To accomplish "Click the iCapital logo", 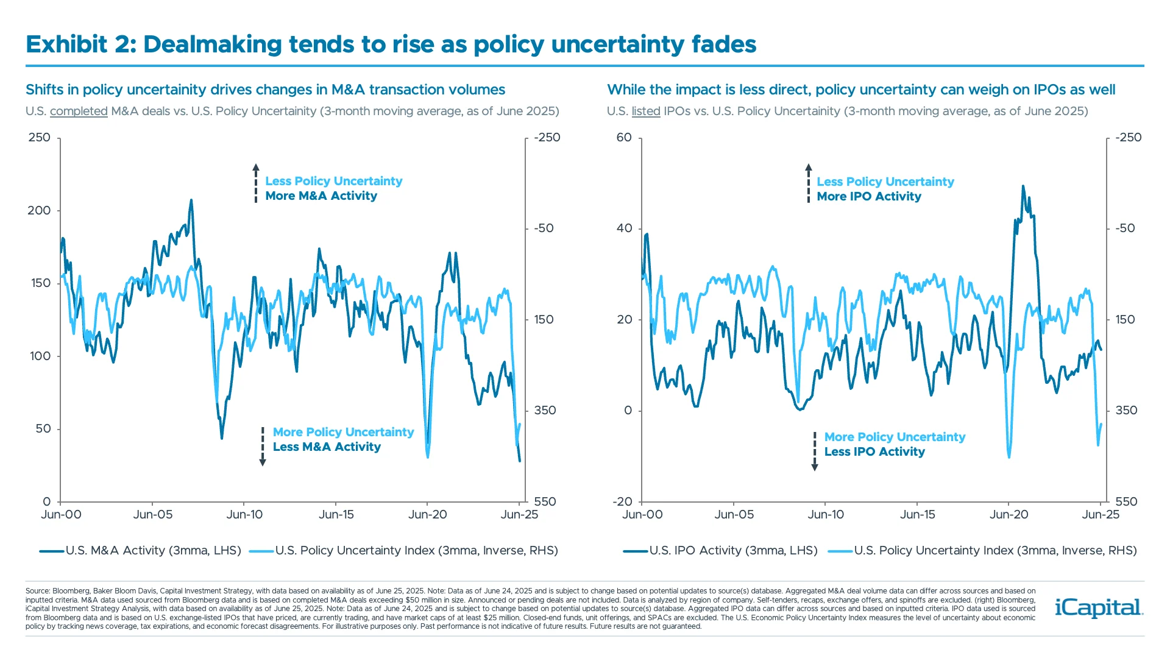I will click(1099, 607).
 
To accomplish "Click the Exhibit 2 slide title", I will click(391, 44).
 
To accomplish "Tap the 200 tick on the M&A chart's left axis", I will click(39, 211).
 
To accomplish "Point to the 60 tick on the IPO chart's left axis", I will click(624, 138).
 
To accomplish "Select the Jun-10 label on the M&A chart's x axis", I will click(244, 515).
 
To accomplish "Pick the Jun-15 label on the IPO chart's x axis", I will click(917, 515).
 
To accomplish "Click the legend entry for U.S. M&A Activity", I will click(141, 551).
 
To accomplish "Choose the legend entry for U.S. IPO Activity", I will click(721, 551).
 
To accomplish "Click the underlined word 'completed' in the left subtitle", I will click(79, 111).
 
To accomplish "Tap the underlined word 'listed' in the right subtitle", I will click(646, 111).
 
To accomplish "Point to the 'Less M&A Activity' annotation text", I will click(327, 447).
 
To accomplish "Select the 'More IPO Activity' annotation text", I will click(869, 197).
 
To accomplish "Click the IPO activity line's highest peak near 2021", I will click(1023, 186).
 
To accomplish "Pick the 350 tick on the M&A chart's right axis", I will click(545, 411).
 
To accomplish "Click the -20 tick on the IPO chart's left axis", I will click(622, 502).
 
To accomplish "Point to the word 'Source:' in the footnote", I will click(38, 591).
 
